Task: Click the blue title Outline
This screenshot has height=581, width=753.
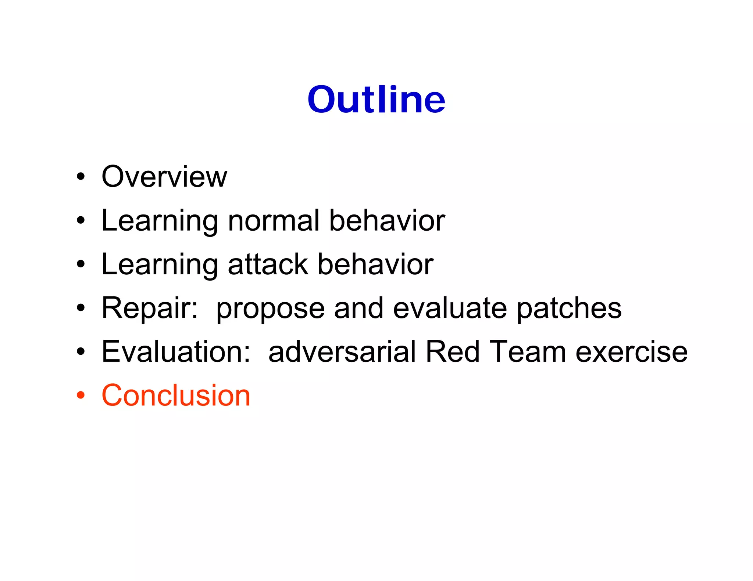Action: click(x=376, y=99)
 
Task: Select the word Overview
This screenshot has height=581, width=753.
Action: click(x=164, y=177)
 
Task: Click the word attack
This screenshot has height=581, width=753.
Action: click(x=268, y=264)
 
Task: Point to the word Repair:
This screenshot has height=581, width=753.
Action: click(x=150, y=308)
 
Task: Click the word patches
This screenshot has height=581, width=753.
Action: click(x=569, y=308)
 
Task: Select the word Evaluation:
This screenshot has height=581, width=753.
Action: click(x=176, y=351)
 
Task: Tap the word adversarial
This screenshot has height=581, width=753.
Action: click(x=342, y=351)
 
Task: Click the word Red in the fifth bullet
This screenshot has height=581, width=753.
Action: click(x=452, y=351)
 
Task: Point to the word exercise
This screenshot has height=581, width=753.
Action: click(x=631, y=351)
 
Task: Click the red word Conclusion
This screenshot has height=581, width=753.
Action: click(x=176, y=395)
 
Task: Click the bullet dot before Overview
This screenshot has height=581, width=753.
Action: click(x=81, y=177)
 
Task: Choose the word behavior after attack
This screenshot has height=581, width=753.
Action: click(x=375, y=264)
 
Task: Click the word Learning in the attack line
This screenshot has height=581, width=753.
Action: click(x=160, y=265)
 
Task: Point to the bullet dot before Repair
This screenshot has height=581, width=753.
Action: click(x=81, y=308)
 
